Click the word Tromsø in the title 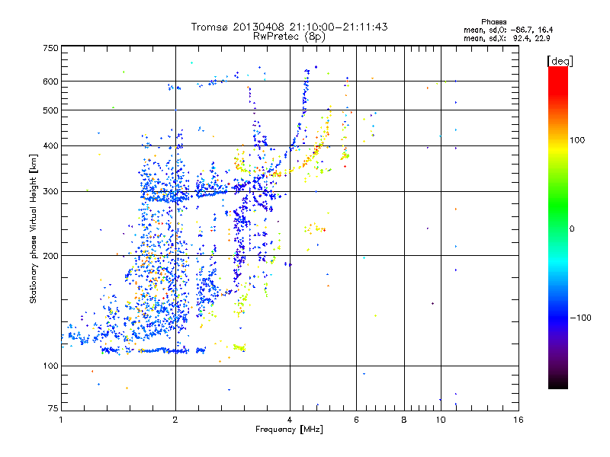click(x=210, y=27)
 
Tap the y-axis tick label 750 click(x=50, y=48)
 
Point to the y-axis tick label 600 click(x=50, y=81)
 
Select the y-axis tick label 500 click(x=50, y=110)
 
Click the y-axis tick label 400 click(x=50, y=145)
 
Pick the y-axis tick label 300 click(x=50, y=191)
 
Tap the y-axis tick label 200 click(x=50, y=256)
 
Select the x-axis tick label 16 click(x=518, y=420)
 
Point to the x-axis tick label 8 click(x=404, y=420)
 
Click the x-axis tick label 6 click(x=356, y=420)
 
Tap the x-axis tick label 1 click(x=61, y=420)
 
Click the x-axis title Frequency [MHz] click(x=290, y=430)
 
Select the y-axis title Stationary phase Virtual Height click(x=34, y=228)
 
